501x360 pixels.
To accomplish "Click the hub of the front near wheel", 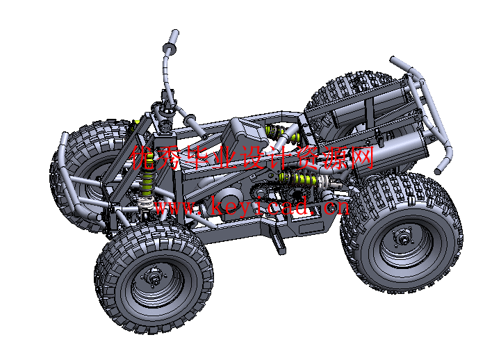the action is pyautogui.click(x=155, y=277).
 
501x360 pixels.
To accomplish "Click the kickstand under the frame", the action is pyautogui.click(x=277, y=240).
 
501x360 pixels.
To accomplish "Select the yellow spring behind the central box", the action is pyautogui.click(x=283, y=133).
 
